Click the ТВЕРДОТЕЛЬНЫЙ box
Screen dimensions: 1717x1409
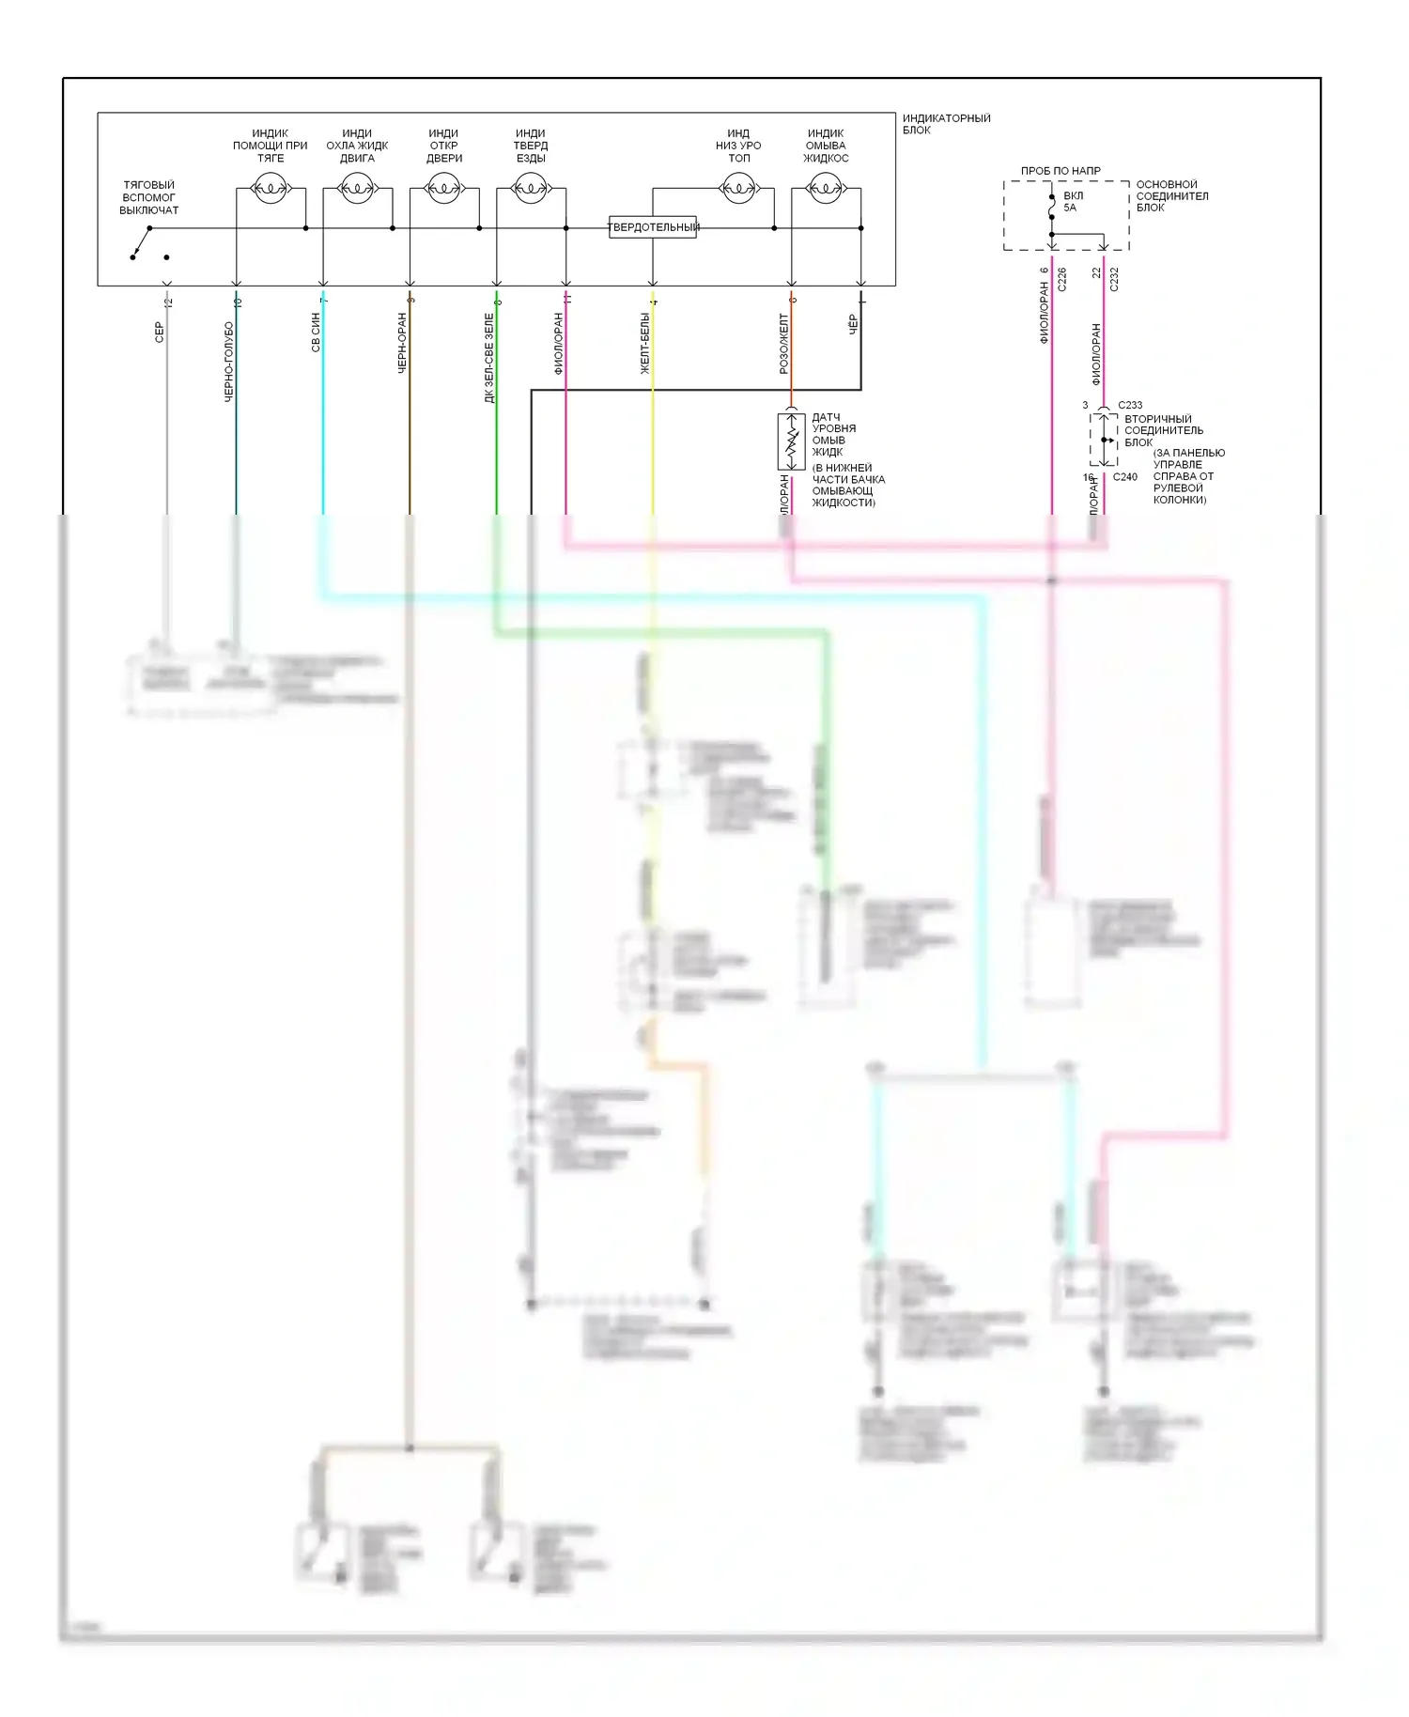tap(653, 226)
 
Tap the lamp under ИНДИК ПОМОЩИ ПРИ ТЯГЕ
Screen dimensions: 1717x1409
tap(271, 190)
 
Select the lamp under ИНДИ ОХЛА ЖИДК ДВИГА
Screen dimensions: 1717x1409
tap(357, 190)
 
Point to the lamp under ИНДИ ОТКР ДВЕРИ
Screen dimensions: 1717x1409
tap(443, 190)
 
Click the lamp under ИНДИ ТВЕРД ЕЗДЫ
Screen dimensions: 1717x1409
tap(531, 190)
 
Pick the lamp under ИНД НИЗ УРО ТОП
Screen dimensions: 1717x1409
tap(738, 190)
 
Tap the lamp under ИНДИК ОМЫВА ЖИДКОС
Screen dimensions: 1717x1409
tap(826, 190)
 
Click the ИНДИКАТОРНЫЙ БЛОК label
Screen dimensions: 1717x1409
tap(946, 124)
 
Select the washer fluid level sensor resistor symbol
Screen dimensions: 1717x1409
tap(791, 441)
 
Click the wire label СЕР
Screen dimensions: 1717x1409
tap(160, 332)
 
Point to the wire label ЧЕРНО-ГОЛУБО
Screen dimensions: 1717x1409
tap(229, 362)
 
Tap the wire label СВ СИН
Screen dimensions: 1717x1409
tap(316, 333)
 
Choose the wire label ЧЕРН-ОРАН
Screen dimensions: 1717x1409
tap(402, 343)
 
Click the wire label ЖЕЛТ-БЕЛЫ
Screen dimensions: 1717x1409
tap(645, 344)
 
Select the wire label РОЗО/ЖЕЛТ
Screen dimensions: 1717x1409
tap(783, 344)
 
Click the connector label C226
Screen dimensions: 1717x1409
tap(1062, 279)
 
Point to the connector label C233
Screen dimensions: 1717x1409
tap(1130, 406)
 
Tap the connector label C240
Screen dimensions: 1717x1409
tap(1125, 477)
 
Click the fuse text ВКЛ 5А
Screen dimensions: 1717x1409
tap(1072, 202)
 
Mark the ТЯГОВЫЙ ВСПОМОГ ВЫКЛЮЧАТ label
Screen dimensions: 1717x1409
tap(149, 197)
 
